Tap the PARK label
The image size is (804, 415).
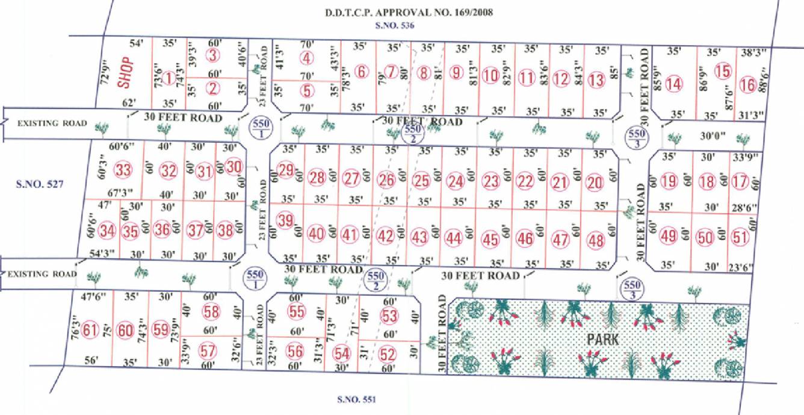point(604,340)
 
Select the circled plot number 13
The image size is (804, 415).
point(596,79)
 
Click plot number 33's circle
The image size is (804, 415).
point(124,170)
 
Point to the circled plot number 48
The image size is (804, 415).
point(596,239)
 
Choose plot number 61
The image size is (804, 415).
point(90,331)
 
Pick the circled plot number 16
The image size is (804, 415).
point(747,84)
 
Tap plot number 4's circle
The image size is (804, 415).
point(308,58)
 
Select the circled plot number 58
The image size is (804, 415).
point(212,312)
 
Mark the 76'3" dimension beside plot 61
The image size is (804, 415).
point(75,331)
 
